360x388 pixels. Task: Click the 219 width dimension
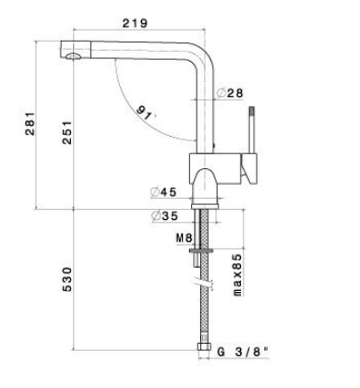(x=135, y=23)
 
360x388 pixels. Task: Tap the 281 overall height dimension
(x=30, y=124)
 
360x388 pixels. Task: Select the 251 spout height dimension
(x=66, y=133)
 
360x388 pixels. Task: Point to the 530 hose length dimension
(x=66, y=279)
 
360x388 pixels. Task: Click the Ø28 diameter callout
(x=230, y=93)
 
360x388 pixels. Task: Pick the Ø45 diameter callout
(x=163, y=192)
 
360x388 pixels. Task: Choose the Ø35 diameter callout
(x=165, y=216)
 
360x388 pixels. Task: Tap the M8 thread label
(x=184, y=238)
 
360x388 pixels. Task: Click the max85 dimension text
(x=237, y=275)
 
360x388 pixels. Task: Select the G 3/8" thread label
(x=243, y=352)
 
